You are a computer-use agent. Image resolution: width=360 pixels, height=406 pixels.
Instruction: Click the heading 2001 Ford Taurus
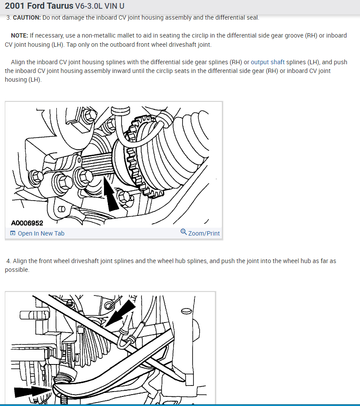(39, 7)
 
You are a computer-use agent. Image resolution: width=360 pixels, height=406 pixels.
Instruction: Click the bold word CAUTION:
(27, 17)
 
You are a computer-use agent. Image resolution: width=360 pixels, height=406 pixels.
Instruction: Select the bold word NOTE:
(19, 35)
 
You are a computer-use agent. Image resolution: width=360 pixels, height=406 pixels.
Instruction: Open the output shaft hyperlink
(267, 62)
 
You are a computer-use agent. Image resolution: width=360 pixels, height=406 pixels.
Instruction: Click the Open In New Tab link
(41, 233)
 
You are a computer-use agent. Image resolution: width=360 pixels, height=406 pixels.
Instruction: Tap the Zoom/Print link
(204, 233)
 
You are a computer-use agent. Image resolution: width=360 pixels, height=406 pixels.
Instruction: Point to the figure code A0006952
(27, 223)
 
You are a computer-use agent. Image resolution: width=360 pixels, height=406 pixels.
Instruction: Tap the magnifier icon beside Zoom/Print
(183, 232)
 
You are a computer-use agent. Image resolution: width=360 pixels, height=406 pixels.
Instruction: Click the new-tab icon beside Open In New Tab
(13, 233)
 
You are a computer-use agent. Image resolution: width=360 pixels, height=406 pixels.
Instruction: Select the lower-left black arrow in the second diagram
(33, 391)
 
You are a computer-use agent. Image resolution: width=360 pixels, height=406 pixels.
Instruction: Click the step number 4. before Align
(8, 261)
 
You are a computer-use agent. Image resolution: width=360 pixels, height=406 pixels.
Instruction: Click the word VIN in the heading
(111, 7)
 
